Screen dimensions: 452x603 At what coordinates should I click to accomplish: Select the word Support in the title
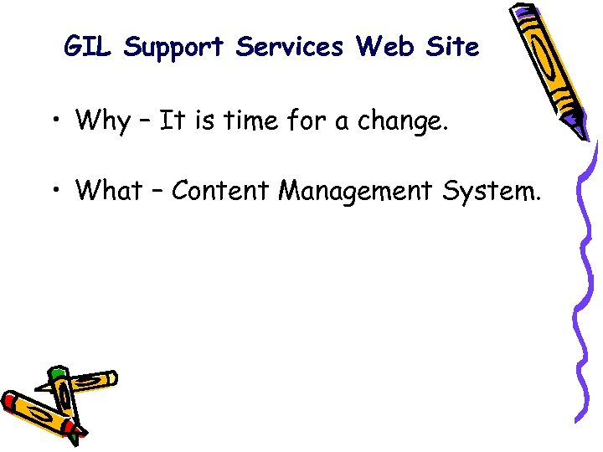(x=174, y=48)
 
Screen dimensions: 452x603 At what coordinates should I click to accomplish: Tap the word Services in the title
(x=289, y=48)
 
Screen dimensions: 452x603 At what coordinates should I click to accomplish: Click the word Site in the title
(x=451, y=48)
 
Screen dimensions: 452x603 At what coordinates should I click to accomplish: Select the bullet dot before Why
(x=55, y=123)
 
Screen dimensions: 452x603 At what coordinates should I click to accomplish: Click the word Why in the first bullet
(x=102, y=121)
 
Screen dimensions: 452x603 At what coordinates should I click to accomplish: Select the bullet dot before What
(x=55, y=193)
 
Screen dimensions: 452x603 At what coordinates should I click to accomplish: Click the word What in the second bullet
(x=109, y=191)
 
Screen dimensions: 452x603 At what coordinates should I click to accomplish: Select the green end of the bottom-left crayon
(x=57, y=373)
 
